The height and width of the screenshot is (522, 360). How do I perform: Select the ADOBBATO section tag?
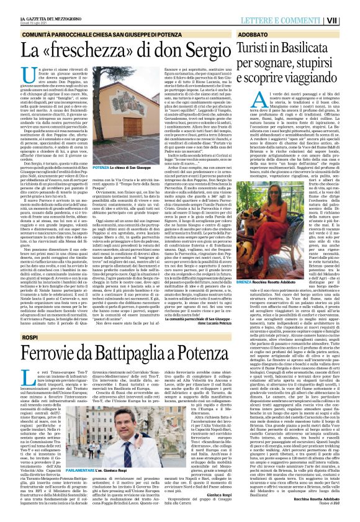pos(253,34)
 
